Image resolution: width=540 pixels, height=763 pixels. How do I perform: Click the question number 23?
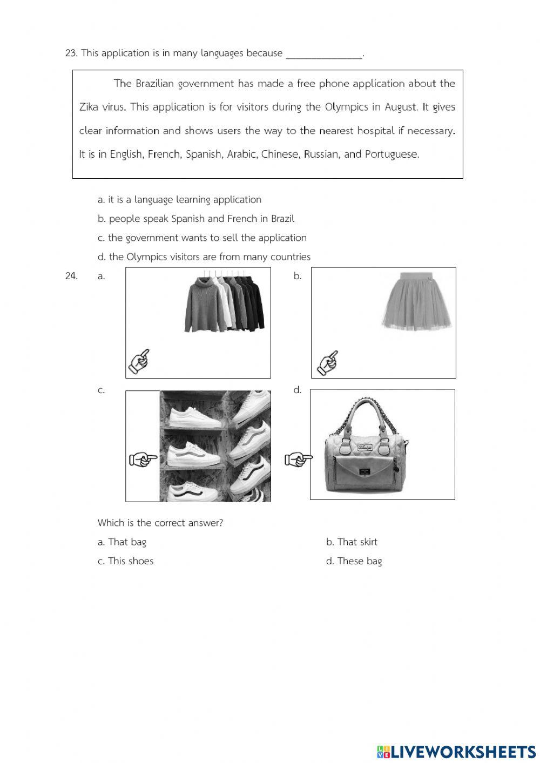pyautogui.click(x=71, y=53)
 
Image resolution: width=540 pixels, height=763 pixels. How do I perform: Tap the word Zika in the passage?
pyautogui.click(x=89, y=107)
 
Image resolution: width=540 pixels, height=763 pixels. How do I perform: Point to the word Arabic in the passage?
pyautogui.click(x=241, y=154)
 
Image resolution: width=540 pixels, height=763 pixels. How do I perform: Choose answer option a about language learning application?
pyautogui.click(x=179, y=200)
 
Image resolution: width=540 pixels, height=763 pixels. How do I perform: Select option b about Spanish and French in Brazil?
pyautogui.click(x=196, y=219)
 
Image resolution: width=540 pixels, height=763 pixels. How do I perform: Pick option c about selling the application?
pyautogui.click(x=202, y=238)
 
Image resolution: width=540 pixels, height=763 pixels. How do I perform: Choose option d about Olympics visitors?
pyautogui.click(x=204, y=257)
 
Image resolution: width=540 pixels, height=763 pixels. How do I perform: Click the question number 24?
pyautogui.click(x=71, y=276)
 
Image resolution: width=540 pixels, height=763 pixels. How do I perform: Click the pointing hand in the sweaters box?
pyautogui.click(x=138, y=362)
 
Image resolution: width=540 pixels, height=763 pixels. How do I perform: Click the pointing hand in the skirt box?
pyautogui.click(x=327, y=362)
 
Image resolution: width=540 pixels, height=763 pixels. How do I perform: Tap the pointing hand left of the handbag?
pyautogui.click(x=298, y=460)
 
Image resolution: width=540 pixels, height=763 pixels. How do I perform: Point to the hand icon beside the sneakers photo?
pyautogui.click(x=143, y=460)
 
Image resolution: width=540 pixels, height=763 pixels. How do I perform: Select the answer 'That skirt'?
pyautogui.click(x=352, y=542)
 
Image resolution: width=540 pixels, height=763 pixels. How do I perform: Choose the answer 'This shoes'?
pyautogui.click(x=125, y=561)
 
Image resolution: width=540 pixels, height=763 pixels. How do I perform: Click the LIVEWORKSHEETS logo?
pyautogui.click(x=456, y=751)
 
